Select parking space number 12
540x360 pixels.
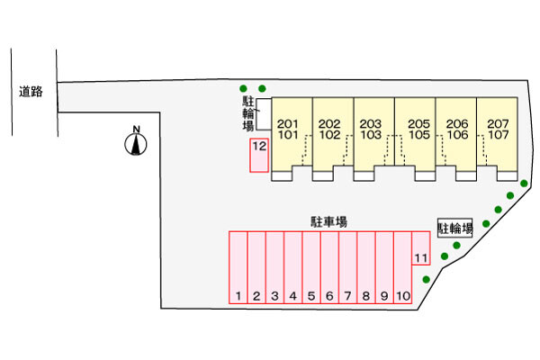pyautogui.click(x=259, y=155)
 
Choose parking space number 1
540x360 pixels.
pyautogui.click(x=238, y=268)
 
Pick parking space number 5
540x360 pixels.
pyautogui.click(x=310, y=268)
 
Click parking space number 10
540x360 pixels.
pyautogui.click(x=402, y=268)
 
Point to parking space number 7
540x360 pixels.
pyautogui.click(x=347, y=268)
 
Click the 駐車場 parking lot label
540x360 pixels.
pyautogui.click(x=329, y=220)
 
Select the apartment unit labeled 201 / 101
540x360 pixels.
pyautogui.click(x=289, y=130)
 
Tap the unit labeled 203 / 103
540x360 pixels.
pyautogui.click(x=370, y=130)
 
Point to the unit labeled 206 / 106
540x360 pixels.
pyautogui.click(x=455, y=130)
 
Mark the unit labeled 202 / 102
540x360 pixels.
pyautogui.click(x=329, y=130)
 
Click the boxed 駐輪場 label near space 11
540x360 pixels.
pyautogui.click(x=455, y=229)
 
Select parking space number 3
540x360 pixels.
pyautogui.click(x=274, y=268)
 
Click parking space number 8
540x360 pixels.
pyautogui.click(x=365, y=268)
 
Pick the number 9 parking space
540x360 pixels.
pyautogui.click(x=383, y=268)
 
